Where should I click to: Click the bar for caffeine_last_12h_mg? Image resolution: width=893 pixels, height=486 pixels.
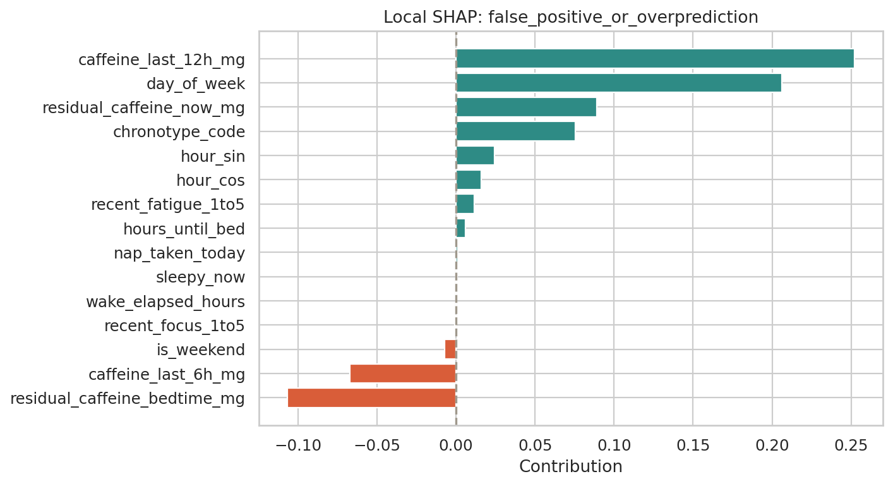tap(654, 59)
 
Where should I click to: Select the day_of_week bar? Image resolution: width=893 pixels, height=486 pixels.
tap(618, 83)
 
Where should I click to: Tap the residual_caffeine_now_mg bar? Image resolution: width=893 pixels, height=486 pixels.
tap(525, 107)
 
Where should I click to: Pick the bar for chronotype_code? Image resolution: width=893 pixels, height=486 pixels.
tap(515, 131)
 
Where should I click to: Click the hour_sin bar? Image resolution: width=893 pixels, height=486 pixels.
tap(474, 155)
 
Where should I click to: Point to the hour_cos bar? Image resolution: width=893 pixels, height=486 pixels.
tap(468, 180)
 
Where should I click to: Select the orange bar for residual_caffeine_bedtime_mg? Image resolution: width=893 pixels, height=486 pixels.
tap(371, 398)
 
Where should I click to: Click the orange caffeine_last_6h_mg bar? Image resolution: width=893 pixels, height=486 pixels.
tap(402, 374)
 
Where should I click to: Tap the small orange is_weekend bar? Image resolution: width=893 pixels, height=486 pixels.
tap(450, 349)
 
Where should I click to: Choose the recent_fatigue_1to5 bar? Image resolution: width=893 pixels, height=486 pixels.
tap(464, 204)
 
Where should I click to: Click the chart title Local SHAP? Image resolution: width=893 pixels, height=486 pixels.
tap(570, 18)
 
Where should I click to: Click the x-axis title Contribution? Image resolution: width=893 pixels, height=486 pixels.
tap(570, 466)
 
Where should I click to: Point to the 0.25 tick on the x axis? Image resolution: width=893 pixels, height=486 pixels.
tap(851, 445)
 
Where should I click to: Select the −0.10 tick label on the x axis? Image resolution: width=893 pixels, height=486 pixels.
tap(297, 445)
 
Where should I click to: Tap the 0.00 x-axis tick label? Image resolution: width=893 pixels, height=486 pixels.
tap(456, 445)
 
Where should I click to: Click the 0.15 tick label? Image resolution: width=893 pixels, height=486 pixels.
tap(693, 445)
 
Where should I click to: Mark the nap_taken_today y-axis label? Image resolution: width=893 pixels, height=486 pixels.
tap(179, 253)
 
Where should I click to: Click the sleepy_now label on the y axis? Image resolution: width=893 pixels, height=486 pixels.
tap(200, 277)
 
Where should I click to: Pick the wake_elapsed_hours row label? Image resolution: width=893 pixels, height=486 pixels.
tap(165, 302)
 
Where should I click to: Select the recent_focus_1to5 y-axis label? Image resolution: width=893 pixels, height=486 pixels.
tap(174, 326)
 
